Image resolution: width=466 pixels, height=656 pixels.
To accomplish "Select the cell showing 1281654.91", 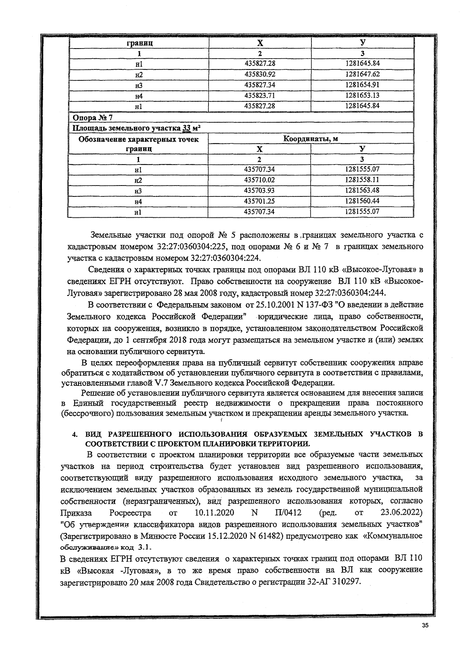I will coord(362,85).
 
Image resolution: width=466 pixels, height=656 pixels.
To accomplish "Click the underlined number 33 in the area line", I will coord(187,128).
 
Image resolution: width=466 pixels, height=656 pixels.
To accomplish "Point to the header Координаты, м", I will coord(311,139).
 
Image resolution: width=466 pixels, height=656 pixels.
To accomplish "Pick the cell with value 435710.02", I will coord(259,180).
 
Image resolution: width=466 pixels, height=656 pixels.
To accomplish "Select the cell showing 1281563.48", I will coord(362,190).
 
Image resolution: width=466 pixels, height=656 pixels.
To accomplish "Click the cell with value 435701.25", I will coord(259,201).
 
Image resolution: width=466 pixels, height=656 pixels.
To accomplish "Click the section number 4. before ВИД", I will coord(76,434).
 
